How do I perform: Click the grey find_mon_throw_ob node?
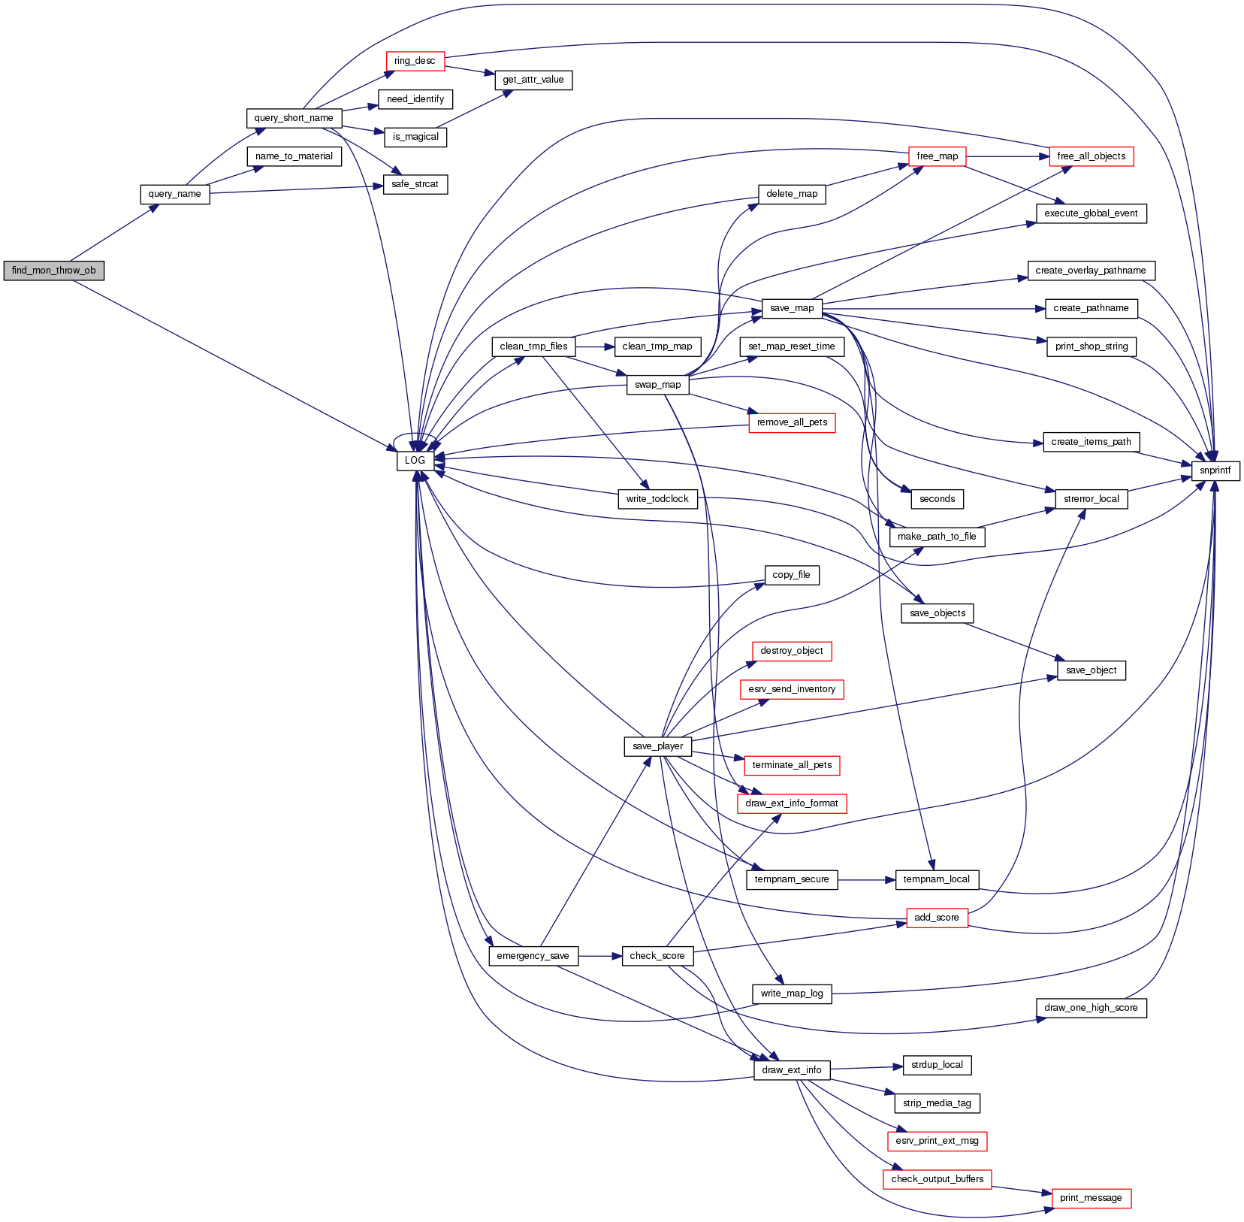point(53,271)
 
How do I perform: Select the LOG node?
point(415,461)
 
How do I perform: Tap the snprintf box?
point(1215,470)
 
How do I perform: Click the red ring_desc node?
point(415,61)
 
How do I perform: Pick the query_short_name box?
point(294,118)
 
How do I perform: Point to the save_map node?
point(792,308)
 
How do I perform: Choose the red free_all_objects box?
point(1091,156)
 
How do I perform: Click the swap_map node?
point(657,385)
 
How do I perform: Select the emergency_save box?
point(533,956)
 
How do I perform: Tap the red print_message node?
point(1091,1198)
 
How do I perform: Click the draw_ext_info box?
point(792,1070)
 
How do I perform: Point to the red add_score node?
point(936,918)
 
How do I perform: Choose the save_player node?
point(657,746)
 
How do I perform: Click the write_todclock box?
point(657,499)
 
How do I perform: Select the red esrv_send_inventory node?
point(792,689)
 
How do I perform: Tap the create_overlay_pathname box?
point(1091,271)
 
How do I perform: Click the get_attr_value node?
point(533,80)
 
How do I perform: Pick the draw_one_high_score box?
point(1091,1008)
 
